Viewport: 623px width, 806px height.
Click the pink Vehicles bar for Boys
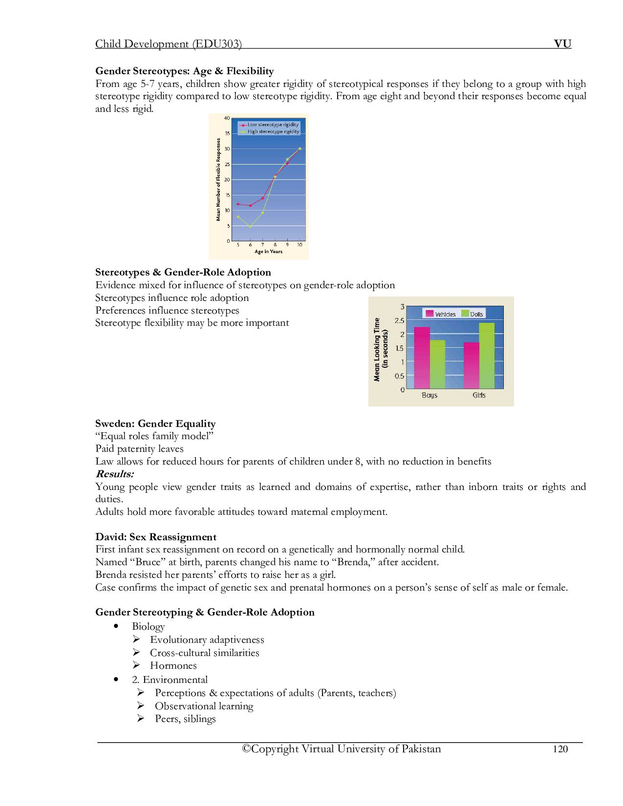[422, 358]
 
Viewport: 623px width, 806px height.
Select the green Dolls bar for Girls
[487, 356]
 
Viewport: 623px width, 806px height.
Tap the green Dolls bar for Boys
[437, 364]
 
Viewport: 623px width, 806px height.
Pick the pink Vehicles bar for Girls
[472, 365]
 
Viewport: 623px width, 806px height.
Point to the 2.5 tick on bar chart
[399, 320]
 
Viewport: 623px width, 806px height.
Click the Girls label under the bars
[479, 395]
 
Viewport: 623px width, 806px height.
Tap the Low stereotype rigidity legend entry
[269, 125]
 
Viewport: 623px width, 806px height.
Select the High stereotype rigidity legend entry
[269, 131]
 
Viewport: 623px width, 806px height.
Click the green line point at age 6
[250, 227]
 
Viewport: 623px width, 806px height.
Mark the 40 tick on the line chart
[227, 118]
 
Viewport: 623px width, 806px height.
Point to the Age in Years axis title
[268, 252]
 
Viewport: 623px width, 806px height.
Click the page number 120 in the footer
[560, 749]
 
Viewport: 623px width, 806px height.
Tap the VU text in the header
[562, 44]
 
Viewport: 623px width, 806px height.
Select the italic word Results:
[114, 474]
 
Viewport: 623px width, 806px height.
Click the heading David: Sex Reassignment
[155, 537]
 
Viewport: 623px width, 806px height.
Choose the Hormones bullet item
[173, 665]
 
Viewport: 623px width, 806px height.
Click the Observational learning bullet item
[204, 706]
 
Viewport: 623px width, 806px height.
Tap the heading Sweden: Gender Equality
[155, 424]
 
